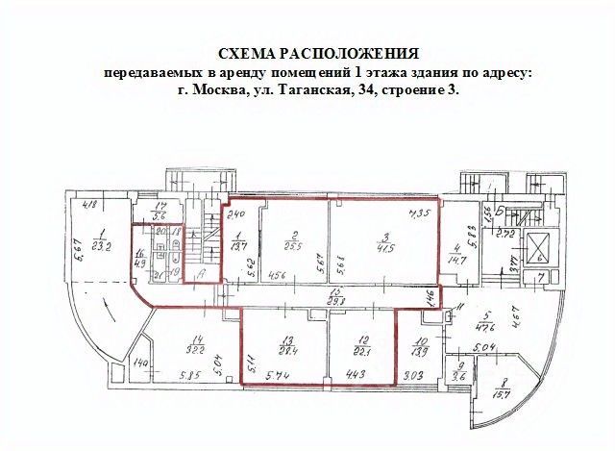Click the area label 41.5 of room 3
point(385,248)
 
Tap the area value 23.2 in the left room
point(103,246)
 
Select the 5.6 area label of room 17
point(162,215)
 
